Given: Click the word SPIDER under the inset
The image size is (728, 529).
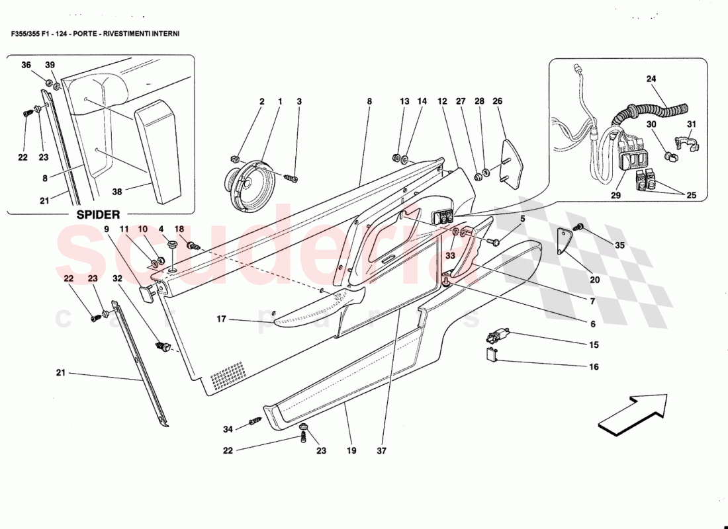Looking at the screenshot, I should click(x=99, y=214).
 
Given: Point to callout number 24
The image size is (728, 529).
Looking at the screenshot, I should click(x=651, y=79).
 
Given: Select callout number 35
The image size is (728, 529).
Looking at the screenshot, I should click(x=619, y=245).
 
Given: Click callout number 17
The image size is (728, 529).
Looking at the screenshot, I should click(x=221, y=319).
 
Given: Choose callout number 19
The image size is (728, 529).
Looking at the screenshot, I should click(x=351, y=451).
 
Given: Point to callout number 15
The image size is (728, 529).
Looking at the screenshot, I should click(x=594, y=345).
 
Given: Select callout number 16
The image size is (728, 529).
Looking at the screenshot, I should click(x=594, y=366).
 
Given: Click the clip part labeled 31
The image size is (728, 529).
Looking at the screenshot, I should click(x=684, y=143).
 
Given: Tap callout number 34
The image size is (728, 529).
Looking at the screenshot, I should click(x=228, y=429).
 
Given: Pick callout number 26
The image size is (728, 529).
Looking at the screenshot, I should click(x=497, y=101).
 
